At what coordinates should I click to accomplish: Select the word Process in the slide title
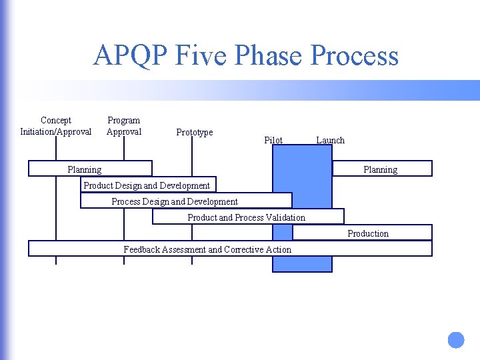[x=357, y=55]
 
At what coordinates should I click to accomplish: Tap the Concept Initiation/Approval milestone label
[x=56, y=126]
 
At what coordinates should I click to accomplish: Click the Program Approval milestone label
[x=124, y=126]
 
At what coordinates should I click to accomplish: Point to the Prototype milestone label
[x=195, y=133]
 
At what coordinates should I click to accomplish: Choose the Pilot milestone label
[x=273, y=140]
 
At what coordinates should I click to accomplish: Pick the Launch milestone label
[x=330, y=140]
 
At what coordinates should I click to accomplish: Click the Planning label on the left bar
[x=85, y=170]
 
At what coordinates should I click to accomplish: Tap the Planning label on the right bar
[x=380, y=170]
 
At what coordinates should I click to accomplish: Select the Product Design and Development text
[x=147, y=185]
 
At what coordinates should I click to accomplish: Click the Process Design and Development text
[x=175, y=201]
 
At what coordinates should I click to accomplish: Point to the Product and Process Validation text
[x=246, y=217]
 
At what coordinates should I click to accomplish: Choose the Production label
[x=368, y=233]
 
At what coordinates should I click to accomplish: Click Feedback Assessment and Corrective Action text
[x=207, y=249]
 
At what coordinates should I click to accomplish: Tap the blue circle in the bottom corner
[x=456, y=340]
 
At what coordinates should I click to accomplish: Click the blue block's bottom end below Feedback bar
[x=302, y=265]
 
